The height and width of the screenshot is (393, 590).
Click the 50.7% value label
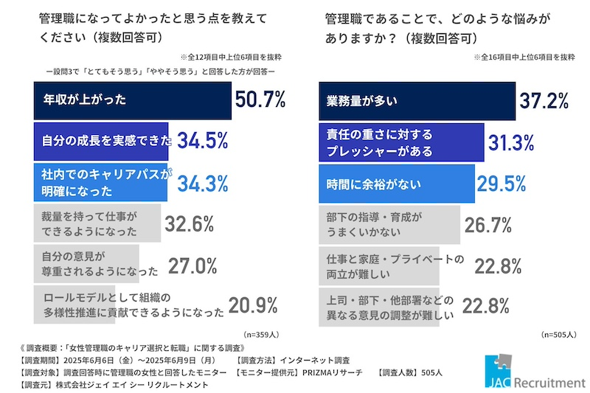tap(260, 100)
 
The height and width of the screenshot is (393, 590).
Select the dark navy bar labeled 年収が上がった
tap(133, 101)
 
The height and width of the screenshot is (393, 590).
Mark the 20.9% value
tap(252, 305)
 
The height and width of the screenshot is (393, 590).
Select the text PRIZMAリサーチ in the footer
tap(334, 373)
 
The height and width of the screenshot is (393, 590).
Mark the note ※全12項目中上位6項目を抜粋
tap(231, 57)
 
